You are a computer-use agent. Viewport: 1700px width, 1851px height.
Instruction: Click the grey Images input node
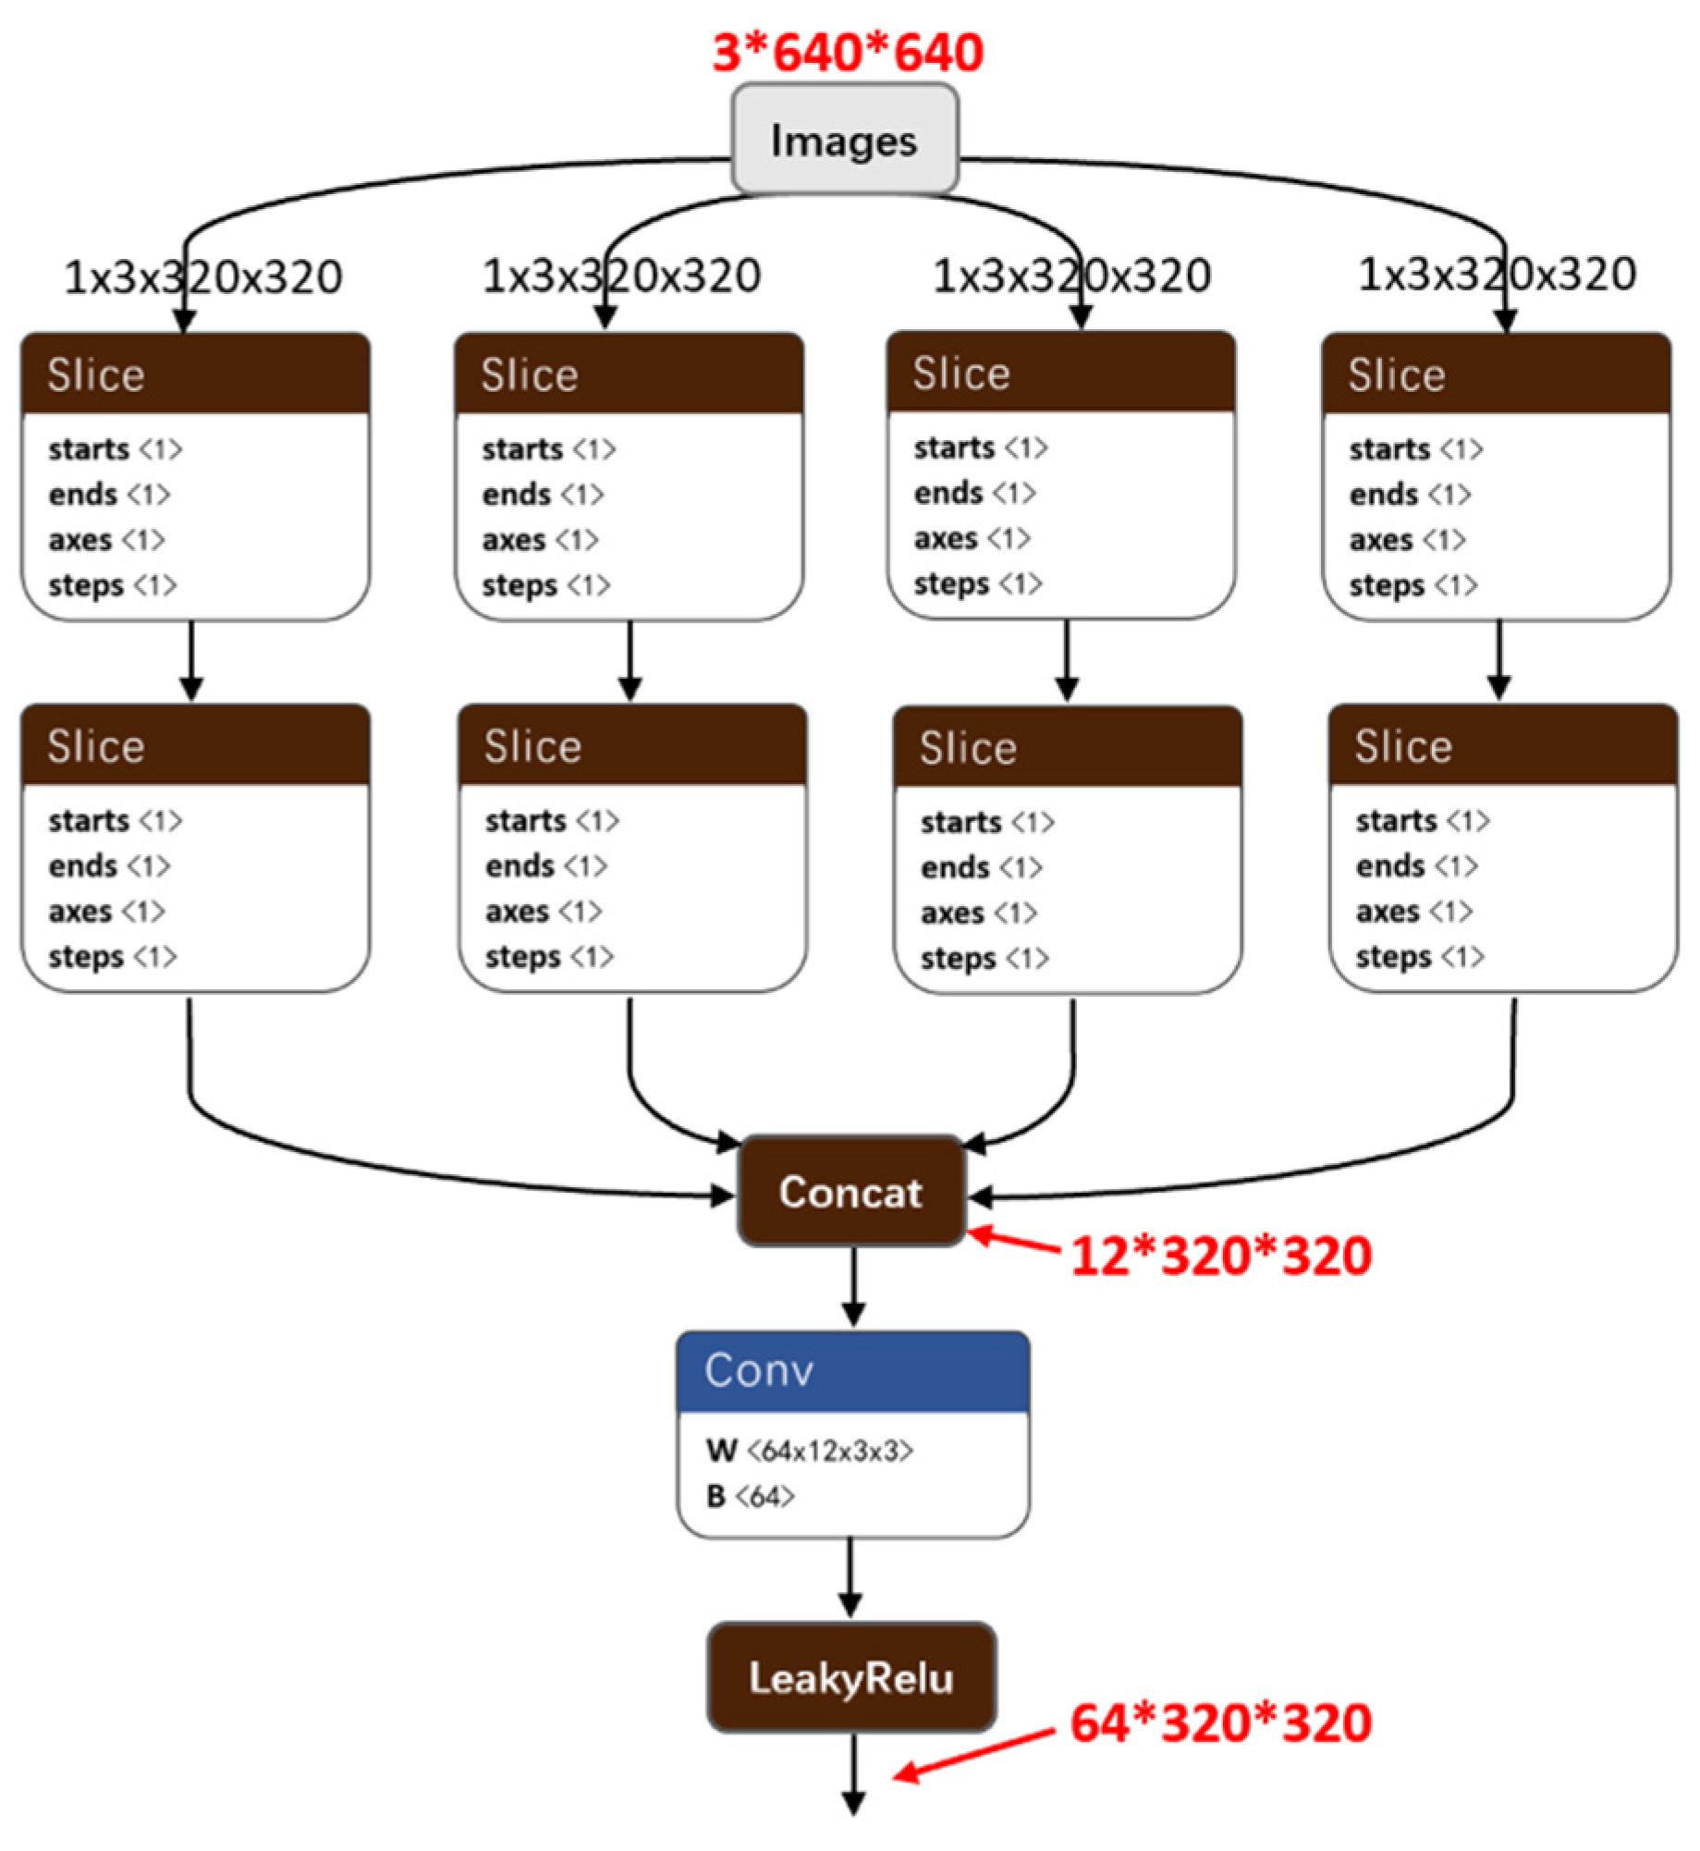pyautogui.click(x=844, y=140)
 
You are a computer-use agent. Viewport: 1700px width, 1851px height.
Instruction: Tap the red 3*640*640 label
pyautogui.click(x=847, y=52)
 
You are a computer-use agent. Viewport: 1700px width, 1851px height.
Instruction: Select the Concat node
pyautogui.click(x=850, y=1192)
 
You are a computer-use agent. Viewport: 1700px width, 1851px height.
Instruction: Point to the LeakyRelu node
pyautogui.click(x=850, y=1677)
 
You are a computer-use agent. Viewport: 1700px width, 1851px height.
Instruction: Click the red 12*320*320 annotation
pyautogui.click(x=1220, y=1256)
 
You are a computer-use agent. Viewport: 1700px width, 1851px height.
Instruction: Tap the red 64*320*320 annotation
pyautogui.click(x=1220, y=1722)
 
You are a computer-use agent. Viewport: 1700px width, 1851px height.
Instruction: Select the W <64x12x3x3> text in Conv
pyautogui.click(x=809, y=1451)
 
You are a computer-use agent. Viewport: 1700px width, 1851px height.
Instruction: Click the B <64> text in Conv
pyautogui.click(x=750, y=1496)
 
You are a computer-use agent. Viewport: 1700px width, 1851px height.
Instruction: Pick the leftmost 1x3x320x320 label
pyautogui.click(x=203, y=276)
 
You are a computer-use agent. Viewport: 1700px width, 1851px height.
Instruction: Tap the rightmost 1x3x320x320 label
pyautogui.click(x=1497, y=274)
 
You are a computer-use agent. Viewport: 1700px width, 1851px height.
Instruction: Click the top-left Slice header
pyautogui.click(x=195, y=374)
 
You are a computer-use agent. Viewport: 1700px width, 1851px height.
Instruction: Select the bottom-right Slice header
pyautogui.click(x=1502, y=745)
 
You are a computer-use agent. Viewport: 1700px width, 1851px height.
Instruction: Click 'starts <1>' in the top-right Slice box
pyautogui.click(x=1415, y=449)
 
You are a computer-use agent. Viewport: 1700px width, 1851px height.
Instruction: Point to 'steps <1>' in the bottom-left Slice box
pyautogui.click(x=112, y=956)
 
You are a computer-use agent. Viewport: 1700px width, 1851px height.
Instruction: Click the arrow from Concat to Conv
pyautogui.click(x=853, y=1285)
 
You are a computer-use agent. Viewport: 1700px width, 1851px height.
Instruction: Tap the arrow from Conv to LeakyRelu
pyautogui.click(x=850, y=1576)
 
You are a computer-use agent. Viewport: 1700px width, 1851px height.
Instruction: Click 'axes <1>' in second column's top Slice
pyautogui.click(x=540, y=539)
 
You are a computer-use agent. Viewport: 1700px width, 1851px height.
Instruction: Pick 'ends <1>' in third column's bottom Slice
pyautogui.click(x=981, y=867)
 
